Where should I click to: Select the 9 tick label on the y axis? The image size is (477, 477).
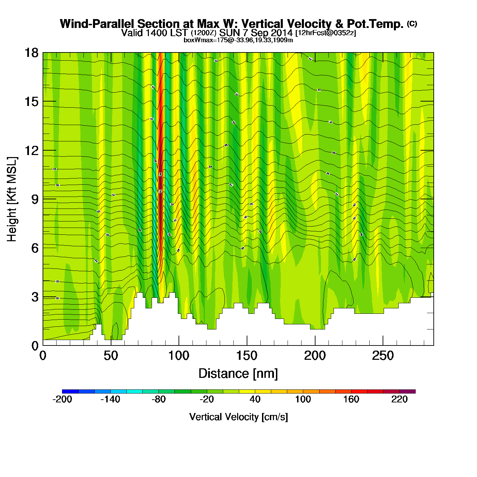tap(34, 199)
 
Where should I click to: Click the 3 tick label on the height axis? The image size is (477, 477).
tap(34, 297)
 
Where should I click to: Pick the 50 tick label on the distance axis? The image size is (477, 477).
tap(111, 356)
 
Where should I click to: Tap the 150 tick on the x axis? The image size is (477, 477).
tap(247, 356)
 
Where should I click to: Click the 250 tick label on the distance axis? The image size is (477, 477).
tap(383, 356)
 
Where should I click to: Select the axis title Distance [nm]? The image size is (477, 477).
tap(238, 374)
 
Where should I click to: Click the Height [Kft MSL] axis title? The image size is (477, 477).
tap(12, 199)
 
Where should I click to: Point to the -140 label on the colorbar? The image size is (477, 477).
tap(110, 399)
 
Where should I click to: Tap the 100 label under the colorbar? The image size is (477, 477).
tap(303, 399)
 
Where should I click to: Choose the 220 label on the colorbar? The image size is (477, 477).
tap(399, 399)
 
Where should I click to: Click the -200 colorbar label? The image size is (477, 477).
tap(62, 399)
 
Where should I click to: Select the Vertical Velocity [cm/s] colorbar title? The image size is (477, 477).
tap(238, 417)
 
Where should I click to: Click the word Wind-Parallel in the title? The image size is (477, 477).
tap(98, 24)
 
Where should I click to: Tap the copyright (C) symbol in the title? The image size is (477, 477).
tap(412, 24)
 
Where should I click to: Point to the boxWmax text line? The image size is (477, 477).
tap(238, 40)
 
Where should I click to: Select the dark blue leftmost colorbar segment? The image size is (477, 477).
tap(70, 391)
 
